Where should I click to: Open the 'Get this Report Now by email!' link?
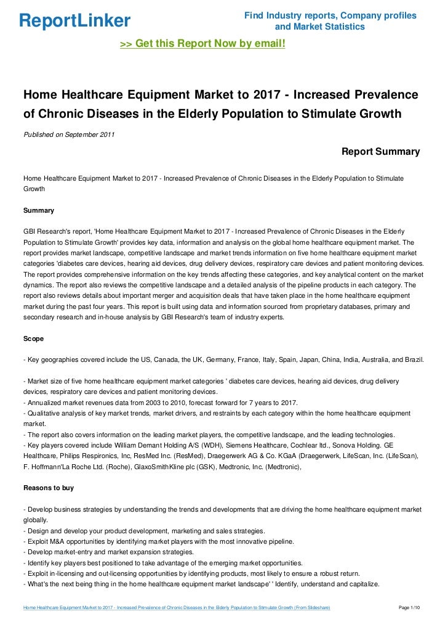[202, 44]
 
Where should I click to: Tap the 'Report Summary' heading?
[380, 152]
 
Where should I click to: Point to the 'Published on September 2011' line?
[68, 134]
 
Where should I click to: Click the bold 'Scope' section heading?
[33, 338]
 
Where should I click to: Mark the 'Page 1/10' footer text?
[409, 607]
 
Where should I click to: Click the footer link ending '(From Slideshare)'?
[177, 607]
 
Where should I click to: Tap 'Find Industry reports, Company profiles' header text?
[330, 15]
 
